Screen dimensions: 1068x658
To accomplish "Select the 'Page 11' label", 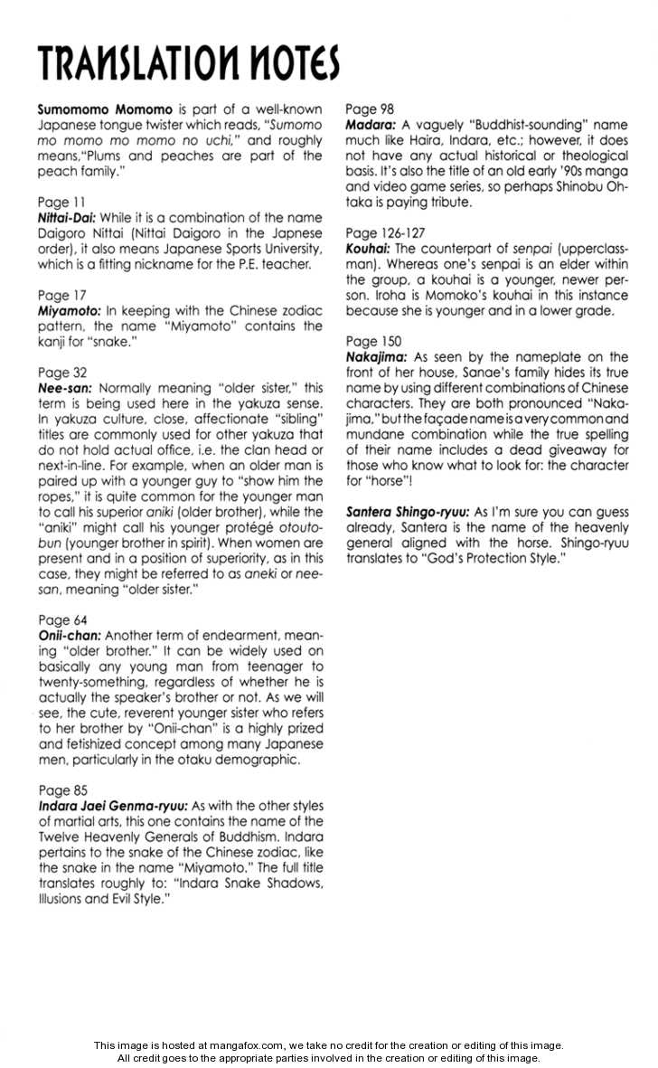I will pos(61,202).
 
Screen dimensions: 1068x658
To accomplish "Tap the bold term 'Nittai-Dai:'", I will pos(67,218).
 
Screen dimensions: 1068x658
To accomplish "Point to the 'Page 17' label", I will pos(61,295).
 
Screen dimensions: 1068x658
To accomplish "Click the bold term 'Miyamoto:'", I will pos(70,310).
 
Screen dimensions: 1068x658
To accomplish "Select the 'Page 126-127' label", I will pos(386,232).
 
